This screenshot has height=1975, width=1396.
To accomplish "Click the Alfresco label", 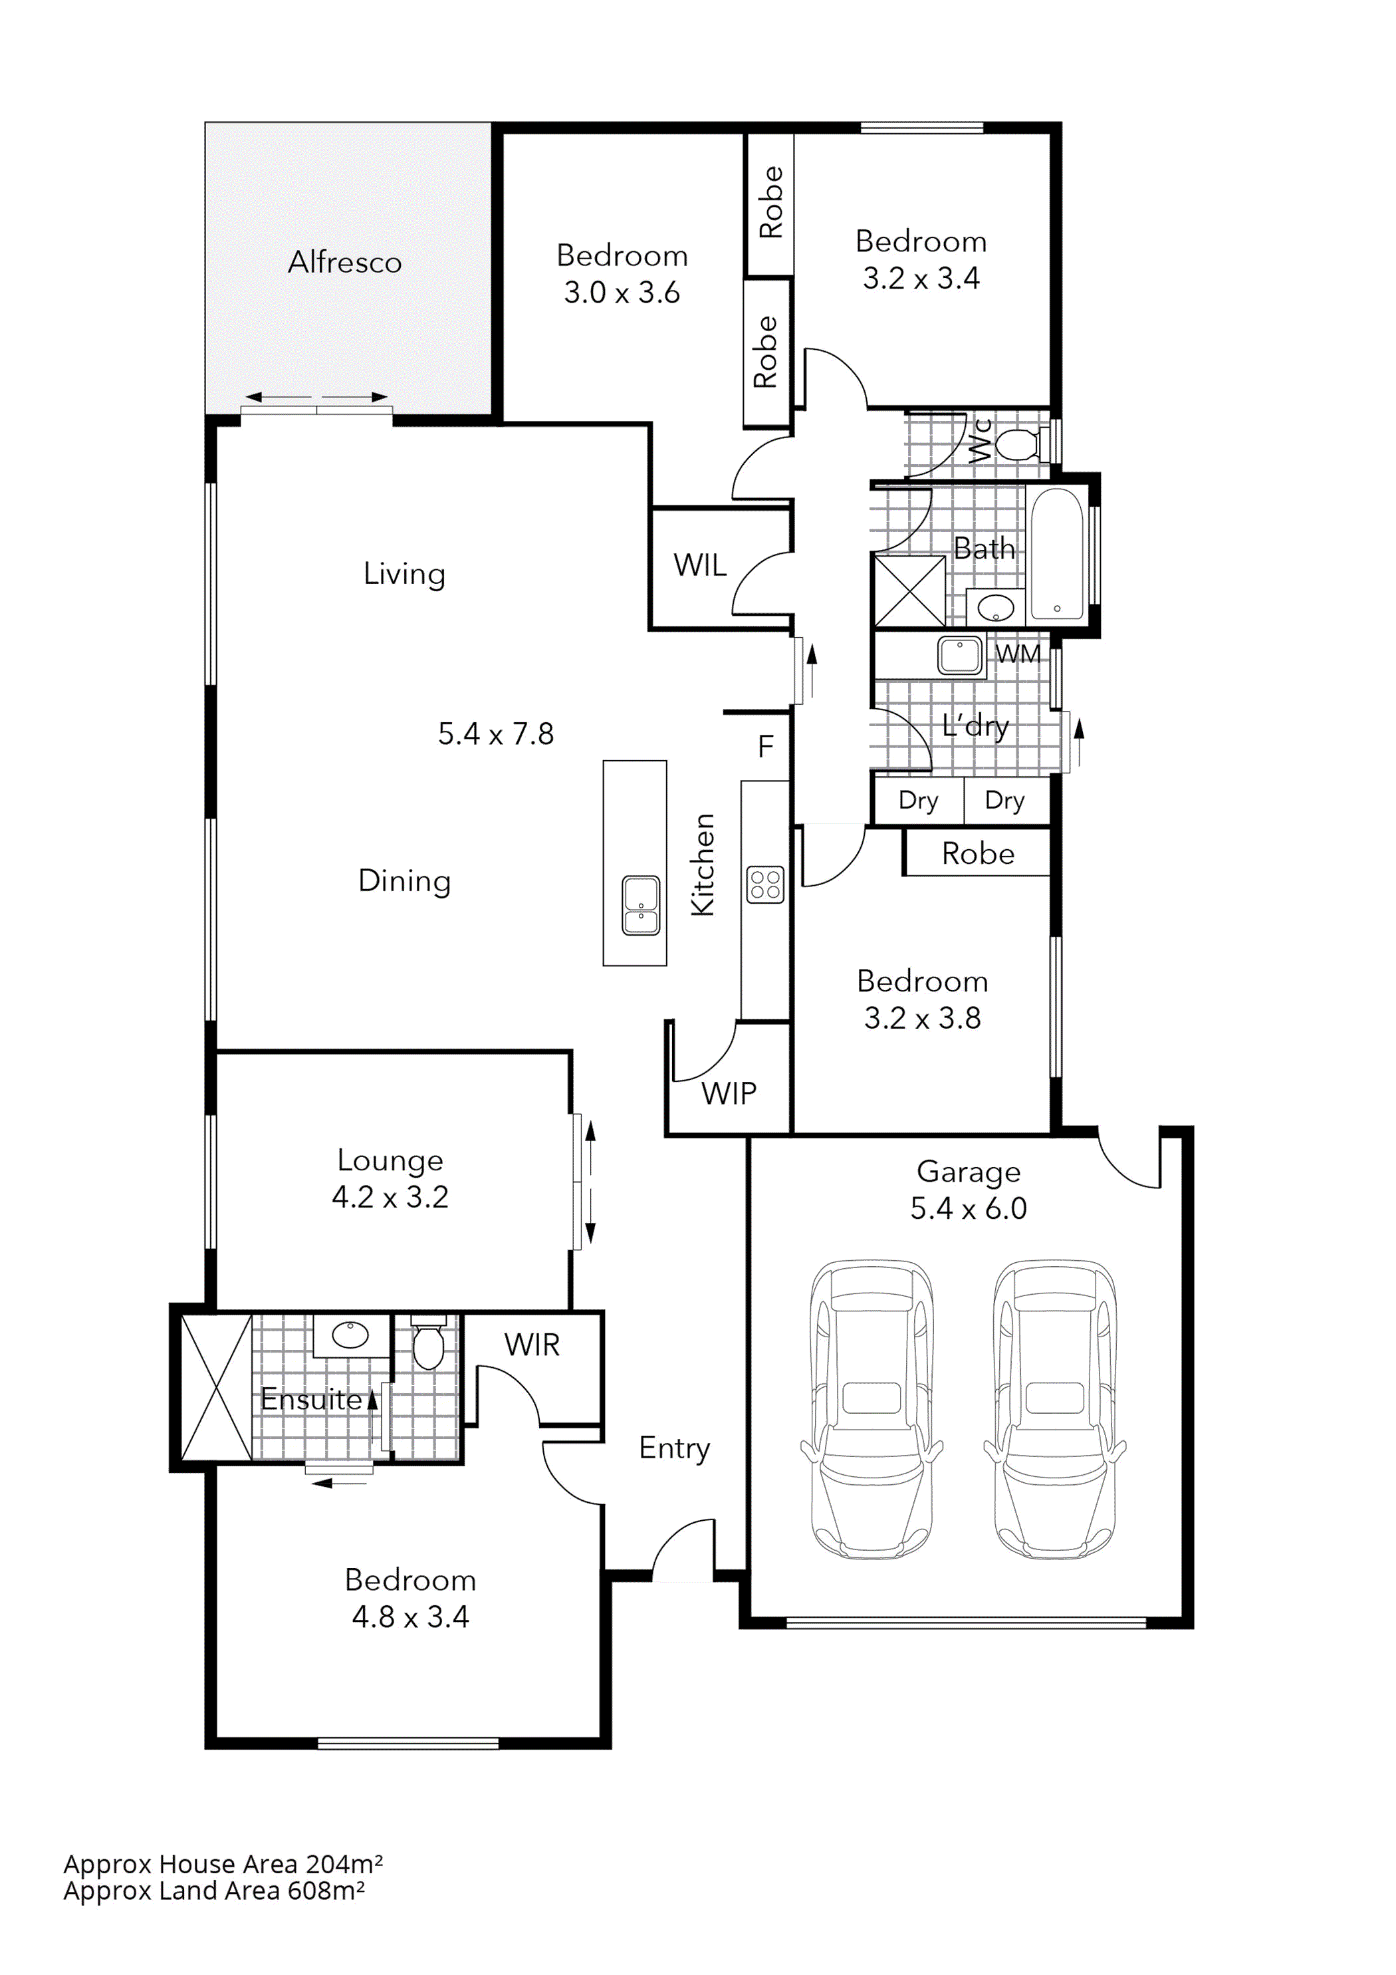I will (344, 263).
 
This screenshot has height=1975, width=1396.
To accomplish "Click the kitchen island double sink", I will (641, 905).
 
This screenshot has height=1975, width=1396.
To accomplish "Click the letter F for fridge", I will (766, 747).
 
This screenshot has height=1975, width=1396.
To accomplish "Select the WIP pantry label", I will (729, 1093).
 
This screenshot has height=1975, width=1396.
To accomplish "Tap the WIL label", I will (699, 565).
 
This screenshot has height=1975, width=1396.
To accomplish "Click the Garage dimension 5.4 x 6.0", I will (969, 1208).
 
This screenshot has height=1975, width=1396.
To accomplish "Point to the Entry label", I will (673, 1448).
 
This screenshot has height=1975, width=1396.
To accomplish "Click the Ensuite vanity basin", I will (350, 1335).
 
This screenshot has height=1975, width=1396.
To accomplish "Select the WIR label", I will (532, 1345).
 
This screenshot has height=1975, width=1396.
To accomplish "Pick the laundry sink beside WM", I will (959, 656).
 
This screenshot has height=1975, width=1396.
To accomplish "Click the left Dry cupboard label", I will (918, 800).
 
